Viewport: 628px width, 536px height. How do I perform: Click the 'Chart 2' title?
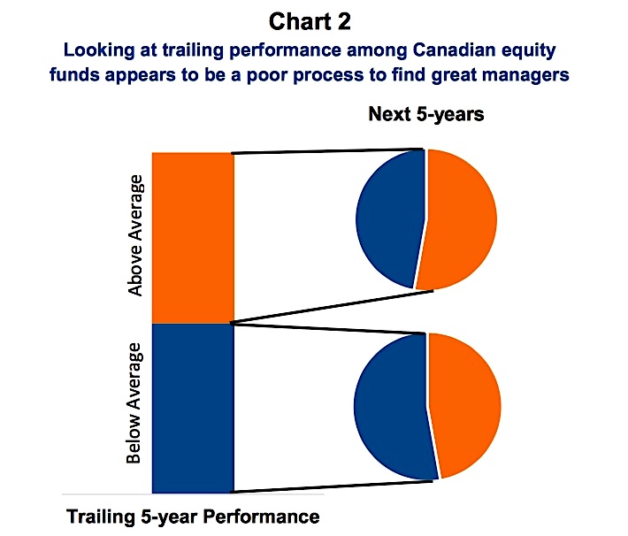(x=310, y=21)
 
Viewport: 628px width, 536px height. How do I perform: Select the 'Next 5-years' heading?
(x=426, y=114)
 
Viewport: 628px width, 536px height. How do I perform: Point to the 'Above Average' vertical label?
(x=135, y=235)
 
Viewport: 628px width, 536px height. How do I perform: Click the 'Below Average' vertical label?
(x=134, y=403)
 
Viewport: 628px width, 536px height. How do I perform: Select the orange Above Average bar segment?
(x=193, y=238)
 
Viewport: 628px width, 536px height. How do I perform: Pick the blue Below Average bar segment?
(x=193, y=409)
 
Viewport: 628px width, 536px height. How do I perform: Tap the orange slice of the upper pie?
(x=458, y=219)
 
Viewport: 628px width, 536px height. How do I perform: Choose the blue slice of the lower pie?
(x=390, y=407)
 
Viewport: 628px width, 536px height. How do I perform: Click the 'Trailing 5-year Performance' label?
(x=193, y=517)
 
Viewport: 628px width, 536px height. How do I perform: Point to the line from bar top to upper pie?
(x=327, y=151)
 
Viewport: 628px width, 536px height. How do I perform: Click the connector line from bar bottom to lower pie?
(x=333, y=486)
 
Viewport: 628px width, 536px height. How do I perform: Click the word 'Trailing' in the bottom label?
(x=101, y=517)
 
